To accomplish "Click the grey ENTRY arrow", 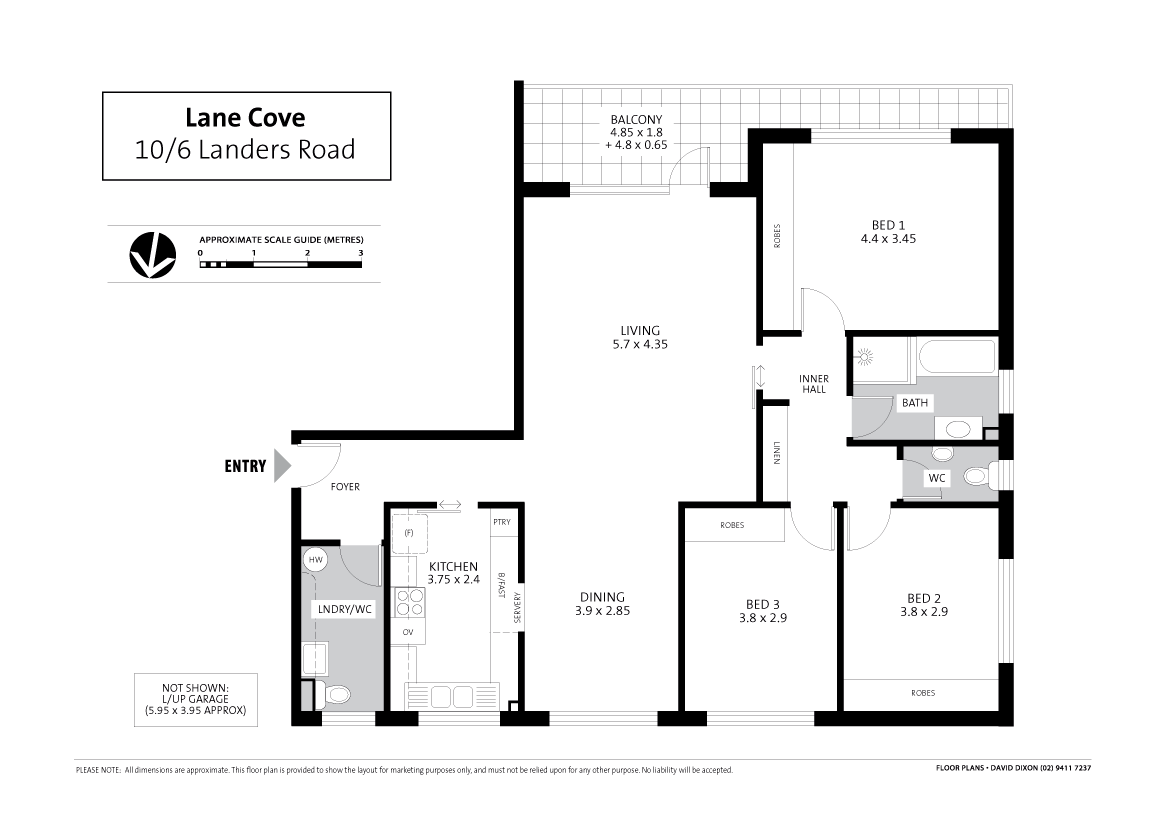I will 282,465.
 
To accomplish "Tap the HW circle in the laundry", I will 315,560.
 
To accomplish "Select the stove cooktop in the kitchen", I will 410,601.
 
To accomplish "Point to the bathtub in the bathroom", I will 954,359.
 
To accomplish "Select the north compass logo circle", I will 152,254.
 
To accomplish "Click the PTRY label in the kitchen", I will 501,522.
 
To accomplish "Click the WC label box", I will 936,478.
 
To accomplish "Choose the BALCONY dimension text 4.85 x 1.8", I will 636,131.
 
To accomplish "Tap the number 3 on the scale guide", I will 360,254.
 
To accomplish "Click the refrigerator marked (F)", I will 408,533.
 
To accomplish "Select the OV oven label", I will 408,632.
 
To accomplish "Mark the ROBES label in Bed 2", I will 922,692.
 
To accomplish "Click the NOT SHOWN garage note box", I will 196,699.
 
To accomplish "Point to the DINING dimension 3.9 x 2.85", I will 602,610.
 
